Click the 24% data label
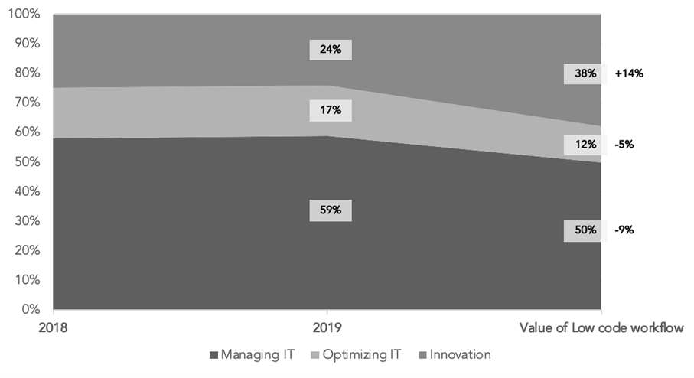331,50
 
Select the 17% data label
331,110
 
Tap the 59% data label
331,210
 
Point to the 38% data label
585,74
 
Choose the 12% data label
585,145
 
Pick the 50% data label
585,230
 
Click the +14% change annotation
630,74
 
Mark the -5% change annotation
624,145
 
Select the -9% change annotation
624,230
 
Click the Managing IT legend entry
249,354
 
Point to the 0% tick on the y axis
31,310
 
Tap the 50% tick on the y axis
28,162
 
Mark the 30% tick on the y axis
28,221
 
